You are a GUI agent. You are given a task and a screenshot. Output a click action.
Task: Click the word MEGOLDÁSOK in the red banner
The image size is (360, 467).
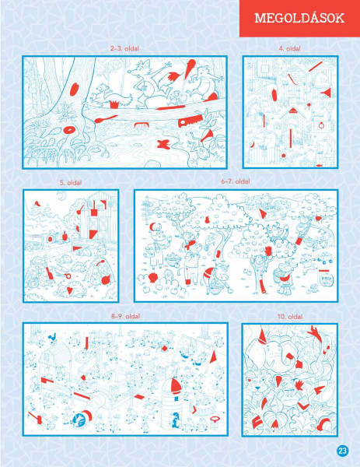point(299,18)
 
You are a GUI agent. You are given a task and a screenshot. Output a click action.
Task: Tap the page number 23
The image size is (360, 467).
point(342,451)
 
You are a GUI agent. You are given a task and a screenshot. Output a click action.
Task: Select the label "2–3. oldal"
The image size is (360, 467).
point(124,48)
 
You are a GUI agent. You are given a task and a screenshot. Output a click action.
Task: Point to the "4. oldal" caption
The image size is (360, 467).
point(289,48)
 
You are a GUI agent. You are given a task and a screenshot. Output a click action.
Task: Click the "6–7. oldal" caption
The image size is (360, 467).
point(236,181)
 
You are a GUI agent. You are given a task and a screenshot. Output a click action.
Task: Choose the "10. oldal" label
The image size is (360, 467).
point(290,316)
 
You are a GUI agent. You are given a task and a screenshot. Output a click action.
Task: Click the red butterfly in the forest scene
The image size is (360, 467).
point(163,144)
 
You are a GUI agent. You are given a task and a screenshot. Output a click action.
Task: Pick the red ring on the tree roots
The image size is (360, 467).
point(70,130)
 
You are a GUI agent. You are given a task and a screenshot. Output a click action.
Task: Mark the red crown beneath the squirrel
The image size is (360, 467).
point(114,104)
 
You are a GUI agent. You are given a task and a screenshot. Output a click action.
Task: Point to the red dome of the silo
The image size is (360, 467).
point(175,385)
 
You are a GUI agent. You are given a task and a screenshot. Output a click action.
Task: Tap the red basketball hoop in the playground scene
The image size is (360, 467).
point(214,420)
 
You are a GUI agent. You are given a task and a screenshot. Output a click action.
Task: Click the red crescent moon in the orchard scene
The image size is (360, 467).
point(152,227)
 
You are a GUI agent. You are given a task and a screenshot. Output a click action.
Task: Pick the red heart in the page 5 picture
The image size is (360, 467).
point(69,290)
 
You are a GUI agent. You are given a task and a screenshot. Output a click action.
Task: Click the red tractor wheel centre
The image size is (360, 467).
point(50,239)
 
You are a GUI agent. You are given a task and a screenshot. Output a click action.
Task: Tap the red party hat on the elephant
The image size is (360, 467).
point(262,336)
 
